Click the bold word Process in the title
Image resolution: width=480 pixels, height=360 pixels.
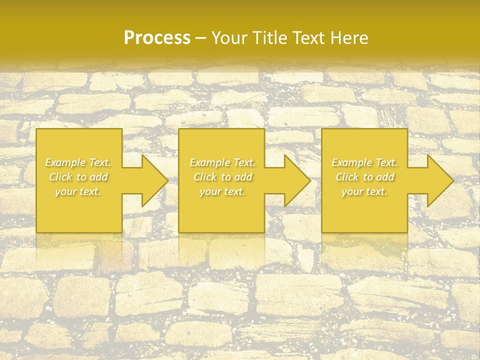(x=157, y=37)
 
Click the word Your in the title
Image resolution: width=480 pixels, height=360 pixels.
(x=230, y=37)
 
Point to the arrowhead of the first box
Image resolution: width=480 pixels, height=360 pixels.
(x=153, y=180)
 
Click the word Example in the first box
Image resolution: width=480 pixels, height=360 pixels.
(x=65, y=162)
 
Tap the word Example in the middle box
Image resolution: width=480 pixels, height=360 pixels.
(x=209, y=162)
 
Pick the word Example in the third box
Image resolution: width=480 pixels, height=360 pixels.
(x=351, y=162)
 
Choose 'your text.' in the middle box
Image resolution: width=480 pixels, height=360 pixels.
(x=222, y=191)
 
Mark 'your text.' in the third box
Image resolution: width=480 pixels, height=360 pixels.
(x=364, y=191)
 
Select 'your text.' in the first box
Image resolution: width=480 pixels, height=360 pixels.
(x=78, y=191)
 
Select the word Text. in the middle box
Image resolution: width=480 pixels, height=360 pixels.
(x=243, y=162)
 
